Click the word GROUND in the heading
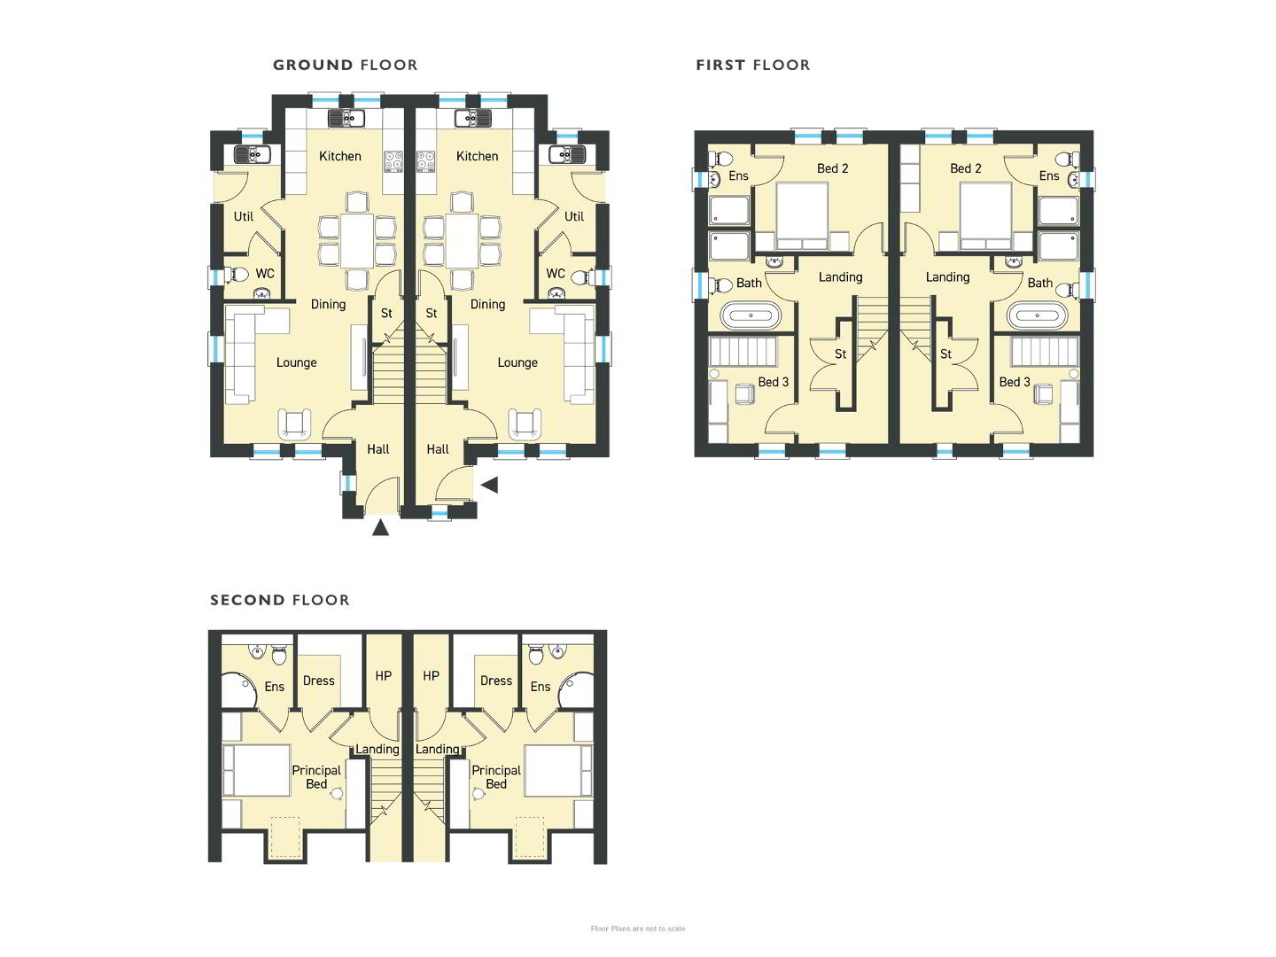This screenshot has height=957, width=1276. tap(313, 65)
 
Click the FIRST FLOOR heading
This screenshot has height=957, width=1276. tap(753, 65)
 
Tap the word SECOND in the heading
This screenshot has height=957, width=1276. tap(247, 600)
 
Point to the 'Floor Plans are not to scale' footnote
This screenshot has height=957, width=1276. tap(638, 929)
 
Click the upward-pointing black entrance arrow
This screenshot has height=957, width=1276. tap(380, 527)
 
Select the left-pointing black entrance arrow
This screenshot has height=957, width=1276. tap(489, 486)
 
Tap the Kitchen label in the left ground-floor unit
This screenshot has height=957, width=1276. tap(340, 156)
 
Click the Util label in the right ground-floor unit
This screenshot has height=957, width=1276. tap(574, 217)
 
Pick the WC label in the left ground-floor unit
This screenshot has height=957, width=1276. tap(264, 274)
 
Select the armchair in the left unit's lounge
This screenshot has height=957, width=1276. tap(295, 424)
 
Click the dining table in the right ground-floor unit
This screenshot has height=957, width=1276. tap(463, 242)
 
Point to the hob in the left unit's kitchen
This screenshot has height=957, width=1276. tap(393, 161)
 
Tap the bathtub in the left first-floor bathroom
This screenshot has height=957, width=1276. tap(751, 315)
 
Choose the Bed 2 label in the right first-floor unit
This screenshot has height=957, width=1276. tap(966, 168)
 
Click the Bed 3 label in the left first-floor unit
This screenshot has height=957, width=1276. tap(774, 382)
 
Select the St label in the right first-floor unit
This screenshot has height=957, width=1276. tap(945, 354)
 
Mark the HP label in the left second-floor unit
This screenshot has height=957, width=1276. tap(383, 676)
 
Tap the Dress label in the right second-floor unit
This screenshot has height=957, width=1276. tap(496, 681)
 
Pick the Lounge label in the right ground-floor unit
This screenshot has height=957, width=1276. tap(517, 363)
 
